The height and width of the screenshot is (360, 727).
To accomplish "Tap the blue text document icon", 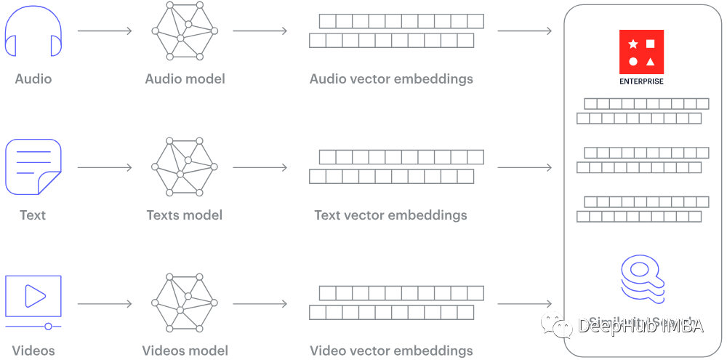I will pos(33,167).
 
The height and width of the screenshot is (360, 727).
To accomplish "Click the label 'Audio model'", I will pos(185,79).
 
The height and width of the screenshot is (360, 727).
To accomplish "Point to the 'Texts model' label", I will pos(184,215).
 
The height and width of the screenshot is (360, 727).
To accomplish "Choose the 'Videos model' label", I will pos(185,351).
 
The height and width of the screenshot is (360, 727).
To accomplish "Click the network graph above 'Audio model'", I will pos(185,31).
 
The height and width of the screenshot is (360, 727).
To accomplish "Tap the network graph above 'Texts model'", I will pos(185,167).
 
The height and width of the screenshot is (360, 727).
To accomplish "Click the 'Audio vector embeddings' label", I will pos(391,79).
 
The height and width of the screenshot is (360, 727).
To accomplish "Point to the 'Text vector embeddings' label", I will pos(390,215).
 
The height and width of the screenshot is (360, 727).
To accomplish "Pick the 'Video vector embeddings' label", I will pos(391,351).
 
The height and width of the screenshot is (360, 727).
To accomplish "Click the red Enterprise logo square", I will pos(641,52).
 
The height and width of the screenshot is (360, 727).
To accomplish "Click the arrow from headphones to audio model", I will pos(104,31).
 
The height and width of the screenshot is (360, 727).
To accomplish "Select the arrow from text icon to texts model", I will pos(104,167).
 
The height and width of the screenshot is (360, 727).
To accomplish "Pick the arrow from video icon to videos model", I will pos(104,303).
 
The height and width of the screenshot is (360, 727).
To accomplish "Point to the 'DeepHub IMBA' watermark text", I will pos(640,326).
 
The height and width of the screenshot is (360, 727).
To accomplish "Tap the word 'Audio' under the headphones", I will pos(33,79).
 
